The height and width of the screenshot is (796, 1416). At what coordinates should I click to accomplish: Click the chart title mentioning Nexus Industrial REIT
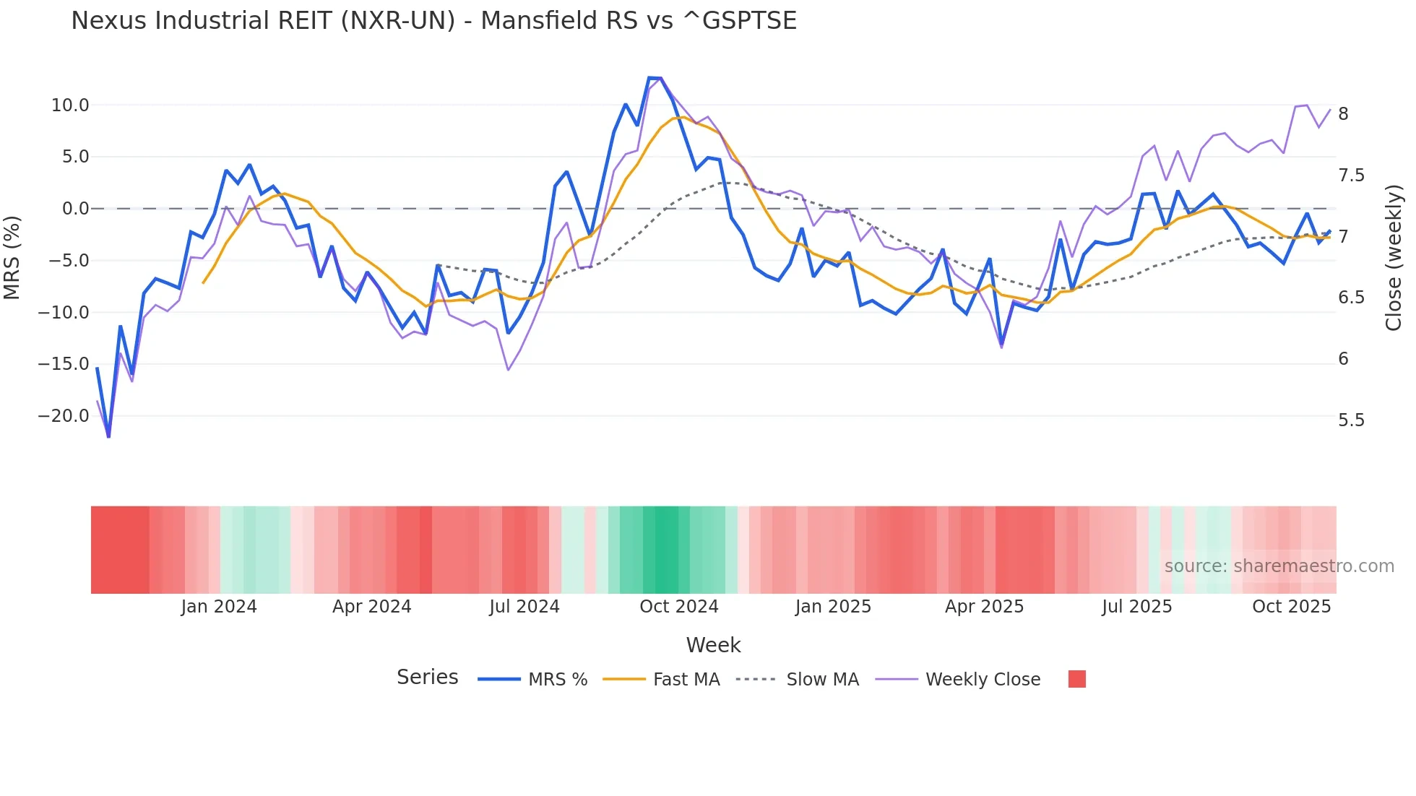[x=433, y=20]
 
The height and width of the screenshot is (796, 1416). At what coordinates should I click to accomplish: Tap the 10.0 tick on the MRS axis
[x=70, y=105]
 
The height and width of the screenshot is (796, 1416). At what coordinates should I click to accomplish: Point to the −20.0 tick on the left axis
[x=64, y=416]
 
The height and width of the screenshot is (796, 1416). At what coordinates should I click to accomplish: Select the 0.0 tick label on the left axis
[x=75, y=209]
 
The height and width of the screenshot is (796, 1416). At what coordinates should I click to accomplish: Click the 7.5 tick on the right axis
[x=1351, y=176]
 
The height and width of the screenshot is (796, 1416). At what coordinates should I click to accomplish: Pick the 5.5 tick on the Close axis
[x=1351, y=420]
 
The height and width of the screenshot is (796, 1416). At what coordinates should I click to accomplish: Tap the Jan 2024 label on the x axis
[x=219, y=607]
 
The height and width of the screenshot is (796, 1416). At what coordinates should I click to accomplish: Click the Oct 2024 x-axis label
[x=679, y=607]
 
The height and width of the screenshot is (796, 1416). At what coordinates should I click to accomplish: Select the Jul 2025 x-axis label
[x=1136, y=607]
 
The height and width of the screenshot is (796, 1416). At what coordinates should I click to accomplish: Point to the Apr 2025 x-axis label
[x=984, y=607]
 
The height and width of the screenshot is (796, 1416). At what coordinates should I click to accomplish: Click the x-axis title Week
[x=713, y=645]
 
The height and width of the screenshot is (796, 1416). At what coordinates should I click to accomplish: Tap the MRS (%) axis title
[x=12, y=257]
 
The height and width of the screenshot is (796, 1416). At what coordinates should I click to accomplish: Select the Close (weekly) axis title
[x=1394, y=257]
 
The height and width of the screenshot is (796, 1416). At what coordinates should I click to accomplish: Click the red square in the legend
[x=1076, y=679]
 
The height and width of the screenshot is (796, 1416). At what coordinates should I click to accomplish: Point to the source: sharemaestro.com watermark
[x=1279, y=566]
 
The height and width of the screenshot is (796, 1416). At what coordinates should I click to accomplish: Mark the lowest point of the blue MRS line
[x=108, y=436]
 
